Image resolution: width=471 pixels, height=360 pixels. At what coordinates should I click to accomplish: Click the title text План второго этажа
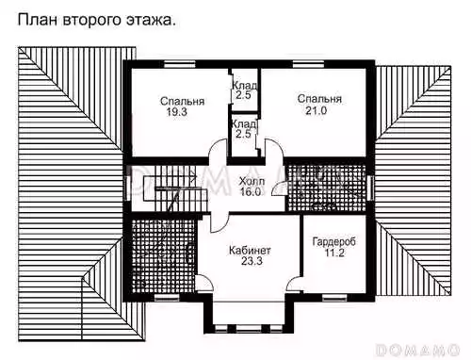point(96,20)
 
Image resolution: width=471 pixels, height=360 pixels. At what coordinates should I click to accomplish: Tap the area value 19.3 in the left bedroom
point(177,111)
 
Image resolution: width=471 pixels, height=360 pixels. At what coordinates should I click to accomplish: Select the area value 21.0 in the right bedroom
point(317,110)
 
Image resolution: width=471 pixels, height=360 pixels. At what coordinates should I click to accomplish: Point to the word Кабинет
point(250,251)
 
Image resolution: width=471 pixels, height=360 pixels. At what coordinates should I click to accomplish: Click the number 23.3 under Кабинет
point(252,261)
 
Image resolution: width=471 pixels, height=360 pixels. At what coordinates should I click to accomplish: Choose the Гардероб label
point(334,242)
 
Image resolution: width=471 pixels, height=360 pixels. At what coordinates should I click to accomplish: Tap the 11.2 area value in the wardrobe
point(334,253)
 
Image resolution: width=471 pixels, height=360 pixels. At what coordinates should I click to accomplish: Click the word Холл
point(252,181)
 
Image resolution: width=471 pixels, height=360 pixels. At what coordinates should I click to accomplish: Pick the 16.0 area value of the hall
point(251,191)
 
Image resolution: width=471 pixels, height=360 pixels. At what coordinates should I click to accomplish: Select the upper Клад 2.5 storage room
point(244,90)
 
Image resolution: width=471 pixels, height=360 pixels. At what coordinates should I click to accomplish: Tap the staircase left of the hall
point(170,189)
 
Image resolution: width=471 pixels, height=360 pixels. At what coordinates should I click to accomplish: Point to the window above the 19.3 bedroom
point(180,64)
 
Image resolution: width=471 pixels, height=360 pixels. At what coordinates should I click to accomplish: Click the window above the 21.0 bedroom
point(309,64)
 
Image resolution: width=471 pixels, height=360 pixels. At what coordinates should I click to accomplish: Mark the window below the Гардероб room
point(334,298)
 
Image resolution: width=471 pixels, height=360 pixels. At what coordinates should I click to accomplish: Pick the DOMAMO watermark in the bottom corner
point(417,350)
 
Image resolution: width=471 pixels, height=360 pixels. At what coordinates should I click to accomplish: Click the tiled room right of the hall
point(327,188)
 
